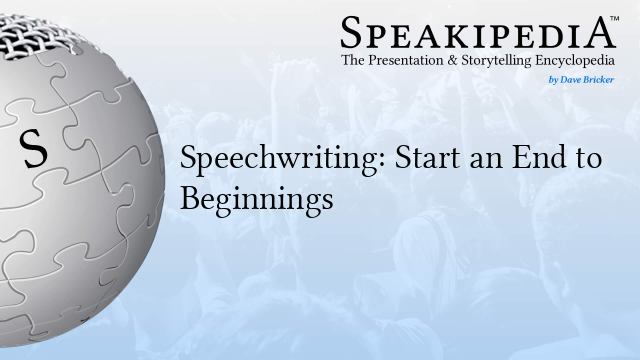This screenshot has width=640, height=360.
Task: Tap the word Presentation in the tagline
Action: pyautogui.click(x=411, y=61)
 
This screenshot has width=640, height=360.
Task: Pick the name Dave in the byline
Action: pyautogui.click(x=571, y=77)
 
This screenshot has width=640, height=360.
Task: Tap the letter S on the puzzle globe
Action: pyautogui.click(x=34, y=150)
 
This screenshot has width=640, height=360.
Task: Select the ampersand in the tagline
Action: pyautogui.click(x=452, y=61)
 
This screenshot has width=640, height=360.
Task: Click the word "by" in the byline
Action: pyautogui.click(x=552, y=77)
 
